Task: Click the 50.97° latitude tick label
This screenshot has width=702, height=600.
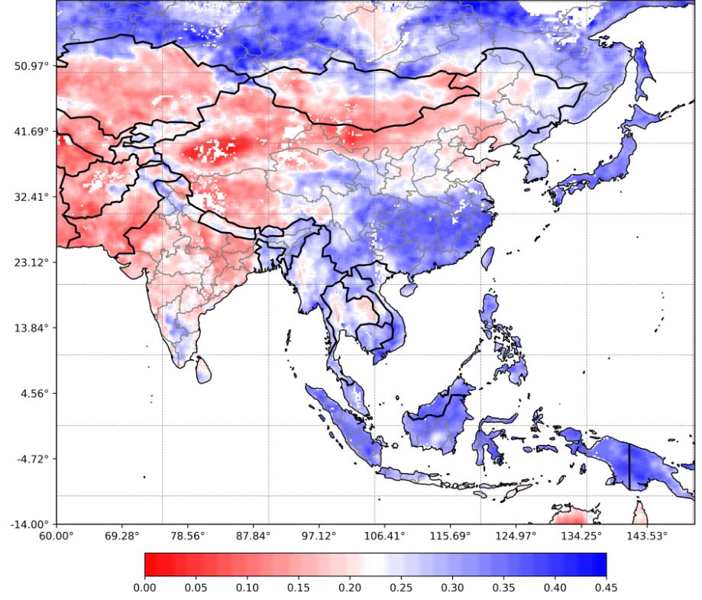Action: (31, 66)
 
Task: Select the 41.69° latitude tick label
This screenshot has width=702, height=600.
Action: (31, 131)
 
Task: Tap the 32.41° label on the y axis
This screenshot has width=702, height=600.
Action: (31, 197)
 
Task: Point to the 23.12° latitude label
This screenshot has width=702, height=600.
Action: (31, 263)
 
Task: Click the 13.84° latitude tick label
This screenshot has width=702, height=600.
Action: (31, 327)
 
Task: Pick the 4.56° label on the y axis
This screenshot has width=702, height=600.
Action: (34, 393)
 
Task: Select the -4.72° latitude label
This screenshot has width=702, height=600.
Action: (31, 459)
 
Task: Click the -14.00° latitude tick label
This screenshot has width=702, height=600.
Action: (29, 524)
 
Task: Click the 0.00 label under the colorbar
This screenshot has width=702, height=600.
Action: (144, 588)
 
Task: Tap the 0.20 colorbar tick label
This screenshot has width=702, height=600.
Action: (350, 588)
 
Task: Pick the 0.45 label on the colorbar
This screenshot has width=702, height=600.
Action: (607, 588)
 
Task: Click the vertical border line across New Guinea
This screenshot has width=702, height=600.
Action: (629, 466)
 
